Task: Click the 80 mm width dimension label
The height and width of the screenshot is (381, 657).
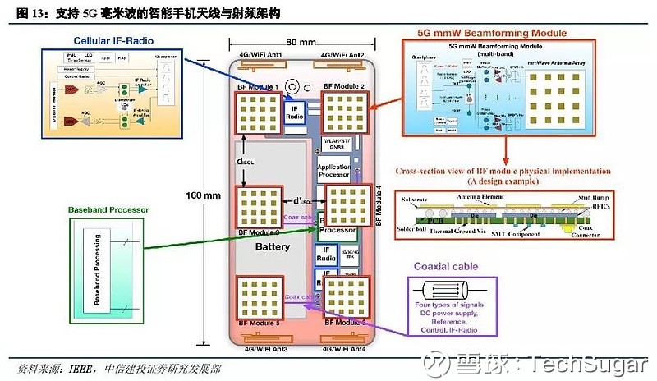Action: pos(301,42)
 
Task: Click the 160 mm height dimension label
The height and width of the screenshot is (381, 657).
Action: pos(202,195)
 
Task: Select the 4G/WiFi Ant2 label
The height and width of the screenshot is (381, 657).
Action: pos(343,55)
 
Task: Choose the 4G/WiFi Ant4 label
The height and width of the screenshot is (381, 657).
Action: pos(344,348)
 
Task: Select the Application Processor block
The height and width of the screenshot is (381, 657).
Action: pos(334,170)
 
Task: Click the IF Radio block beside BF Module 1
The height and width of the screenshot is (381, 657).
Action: pos(293,112)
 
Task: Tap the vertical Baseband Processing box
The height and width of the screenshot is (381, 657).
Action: pos(98,270)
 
